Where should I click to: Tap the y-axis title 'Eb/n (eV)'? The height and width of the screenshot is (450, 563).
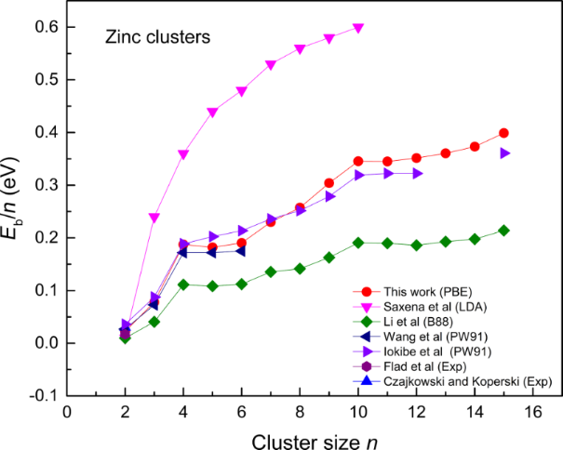coord(18,212)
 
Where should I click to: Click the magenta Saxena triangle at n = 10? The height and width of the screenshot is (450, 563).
coord(358,28)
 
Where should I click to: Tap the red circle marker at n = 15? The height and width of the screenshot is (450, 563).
coord(503,133)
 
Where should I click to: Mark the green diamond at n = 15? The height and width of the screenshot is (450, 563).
coord(503,230)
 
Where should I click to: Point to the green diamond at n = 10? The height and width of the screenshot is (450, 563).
coord(358,243)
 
